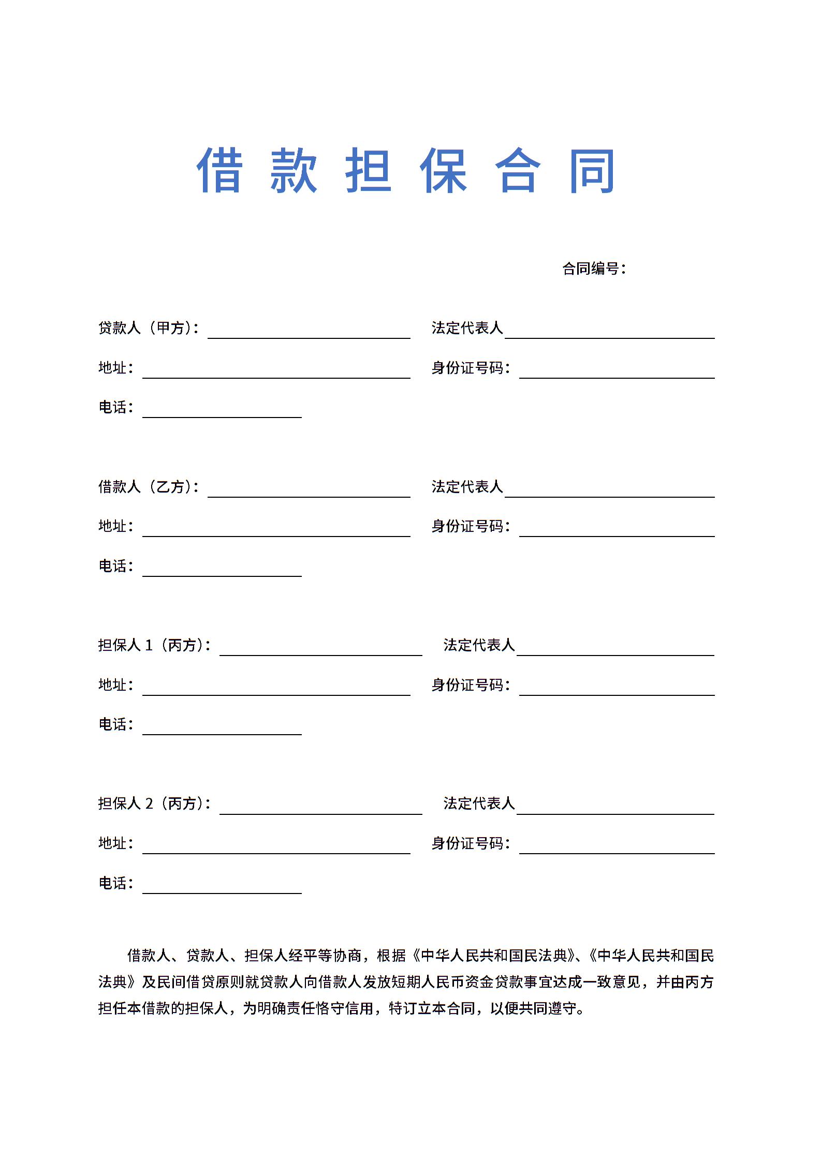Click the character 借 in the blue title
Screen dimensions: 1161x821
point(219,170)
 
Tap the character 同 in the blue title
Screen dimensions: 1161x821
point(592,170)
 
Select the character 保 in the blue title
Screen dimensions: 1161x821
point(443,170)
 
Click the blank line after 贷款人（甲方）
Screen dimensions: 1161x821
point(309,334)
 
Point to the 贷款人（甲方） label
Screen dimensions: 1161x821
point(148,328)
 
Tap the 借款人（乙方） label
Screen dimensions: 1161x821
point(148,487)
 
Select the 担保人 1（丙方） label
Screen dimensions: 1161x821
point(154,645)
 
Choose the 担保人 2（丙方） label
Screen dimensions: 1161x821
point(154,803)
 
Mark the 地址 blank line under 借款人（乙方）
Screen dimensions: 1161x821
point(276,532)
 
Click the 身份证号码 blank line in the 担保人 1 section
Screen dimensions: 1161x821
point(617,691)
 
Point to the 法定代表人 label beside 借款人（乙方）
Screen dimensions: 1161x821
point(467,487)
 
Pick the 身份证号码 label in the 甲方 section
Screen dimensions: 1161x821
point(471,368)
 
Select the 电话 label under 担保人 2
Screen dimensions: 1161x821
point(115,883)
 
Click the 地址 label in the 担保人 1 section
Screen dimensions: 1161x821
point(115,685)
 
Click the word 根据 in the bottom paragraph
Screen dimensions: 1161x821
point(391,956)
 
